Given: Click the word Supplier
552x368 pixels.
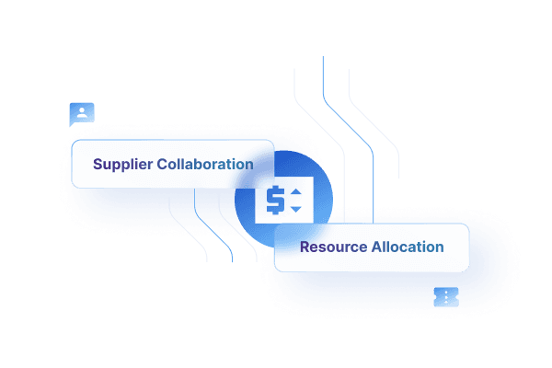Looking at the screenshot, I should click(x=123, y=165).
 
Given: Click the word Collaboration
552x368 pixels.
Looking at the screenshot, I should click(x=205, y=165).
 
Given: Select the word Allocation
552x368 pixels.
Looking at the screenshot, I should click(x=408, y=247).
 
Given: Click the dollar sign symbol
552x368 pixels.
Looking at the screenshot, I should click(x=275, y=201).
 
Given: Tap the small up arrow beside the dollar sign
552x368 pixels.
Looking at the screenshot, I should click(x=295, y=192).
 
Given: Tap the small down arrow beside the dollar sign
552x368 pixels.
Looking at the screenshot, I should click(x=295, y=209).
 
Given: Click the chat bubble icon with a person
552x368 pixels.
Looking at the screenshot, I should click(x=82, y=114).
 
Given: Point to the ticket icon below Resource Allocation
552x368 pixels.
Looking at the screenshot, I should click(x=446, y=296).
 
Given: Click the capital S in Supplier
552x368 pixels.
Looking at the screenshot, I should click(x=98, y=165).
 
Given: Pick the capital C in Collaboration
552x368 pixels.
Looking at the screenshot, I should click(x=163, y=165).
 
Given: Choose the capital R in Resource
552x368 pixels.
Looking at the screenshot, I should click(x=305, y=247).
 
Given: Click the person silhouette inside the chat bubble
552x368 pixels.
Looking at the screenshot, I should click(x=82, y=112).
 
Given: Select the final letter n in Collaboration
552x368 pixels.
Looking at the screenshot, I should click(x=248, y=166).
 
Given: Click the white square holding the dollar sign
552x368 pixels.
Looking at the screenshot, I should click(x=284, y=201).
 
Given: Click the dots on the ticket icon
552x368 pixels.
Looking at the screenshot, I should click(x=446, y=296).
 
